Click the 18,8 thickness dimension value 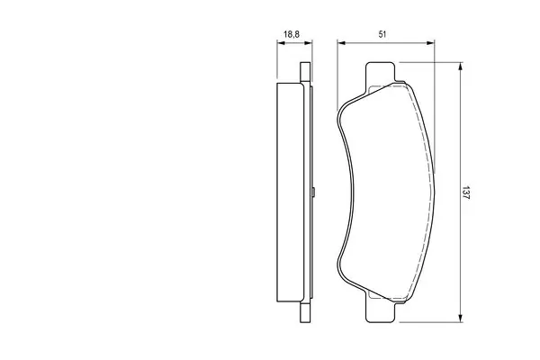click(x=292, y=34)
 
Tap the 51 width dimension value click(x=382, y=34)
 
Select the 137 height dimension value click(x=465, y=193)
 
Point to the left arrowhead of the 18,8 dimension click(x=281, y=43)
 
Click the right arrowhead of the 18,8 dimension click(x=308, y=43)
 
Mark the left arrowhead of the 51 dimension click(x=341, y=43)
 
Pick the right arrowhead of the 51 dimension click(x=430, y=43)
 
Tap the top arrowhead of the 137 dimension click(x=460, y=67)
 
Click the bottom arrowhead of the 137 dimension click(x=460, y=319)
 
